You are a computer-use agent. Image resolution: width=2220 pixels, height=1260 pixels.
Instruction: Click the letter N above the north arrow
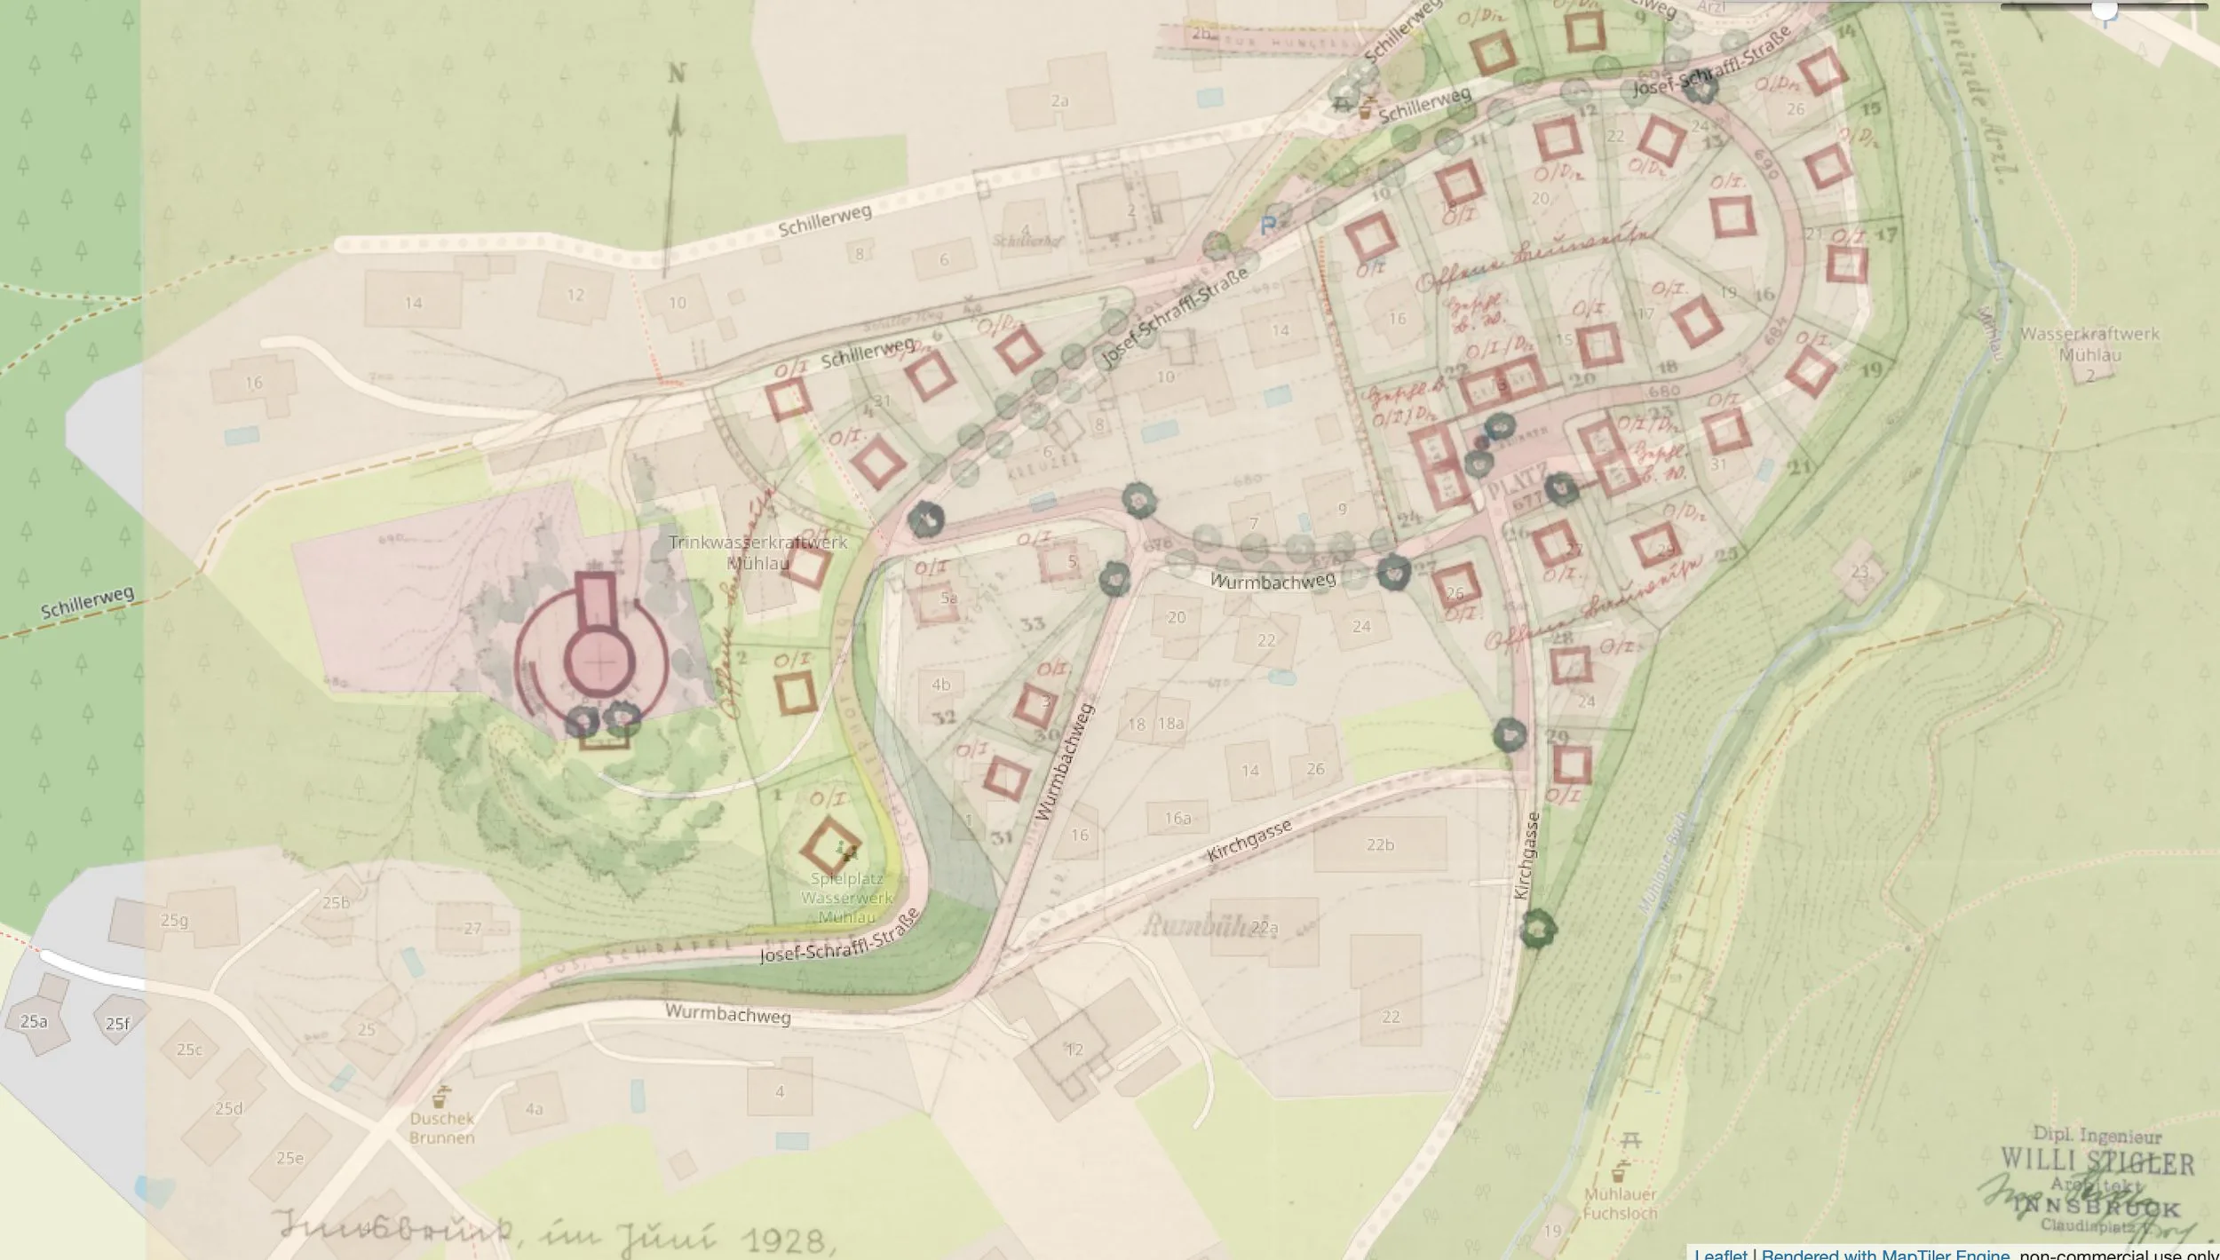(677, 74)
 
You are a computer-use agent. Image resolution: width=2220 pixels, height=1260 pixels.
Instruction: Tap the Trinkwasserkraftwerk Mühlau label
(757, 552)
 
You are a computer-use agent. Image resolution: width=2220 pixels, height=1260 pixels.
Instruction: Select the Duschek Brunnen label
(442, 1128)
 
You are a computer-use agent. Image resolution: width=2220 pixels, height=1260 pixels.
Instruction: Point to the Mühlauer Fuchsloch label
(1621, 1203)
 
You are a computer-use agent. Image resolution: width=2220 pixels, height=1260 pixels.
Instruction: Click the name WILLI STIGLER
(2097, 1161)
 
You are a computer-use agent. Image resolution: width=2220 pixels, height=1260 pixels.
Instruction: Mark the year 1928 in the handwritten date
(786, 1240)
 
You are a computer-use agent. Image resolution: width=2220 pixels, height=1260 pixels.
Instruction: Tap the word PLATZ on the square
(1518, 485)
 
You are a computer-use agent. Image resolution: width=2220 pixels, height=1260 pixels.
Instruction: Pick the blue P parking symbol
(1268, 226)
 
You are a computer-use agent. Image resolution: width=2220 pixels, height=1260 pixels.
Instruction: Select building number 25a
(34, 1022)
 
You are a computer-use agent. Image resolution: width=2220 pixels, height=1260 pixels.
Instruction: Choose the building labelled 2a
(1059, 101)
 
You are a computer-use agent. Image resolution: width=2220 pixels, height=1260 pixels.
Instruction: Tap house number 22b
(1380, 844)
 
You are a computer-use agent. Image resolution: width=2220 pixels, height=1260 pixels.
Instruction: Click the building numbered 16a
(1177, 818)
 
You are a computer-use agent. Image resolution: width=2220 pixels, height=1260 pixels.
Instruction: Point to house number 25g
(174, 920)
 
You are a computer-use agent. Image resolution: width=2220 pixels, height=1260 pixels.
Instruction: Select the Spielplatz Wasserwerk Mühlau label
(846, 897)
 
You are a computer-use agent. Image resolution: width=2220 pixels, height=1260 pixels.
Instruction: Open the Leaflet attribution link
(1720, 1253)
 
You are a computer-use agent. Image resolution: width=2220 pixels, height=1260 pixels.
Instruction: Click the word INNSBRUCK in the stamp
(2096, 1208)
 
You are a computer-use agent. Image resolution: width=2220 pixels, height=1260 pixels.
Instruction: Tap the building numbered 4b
(941, 685)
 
